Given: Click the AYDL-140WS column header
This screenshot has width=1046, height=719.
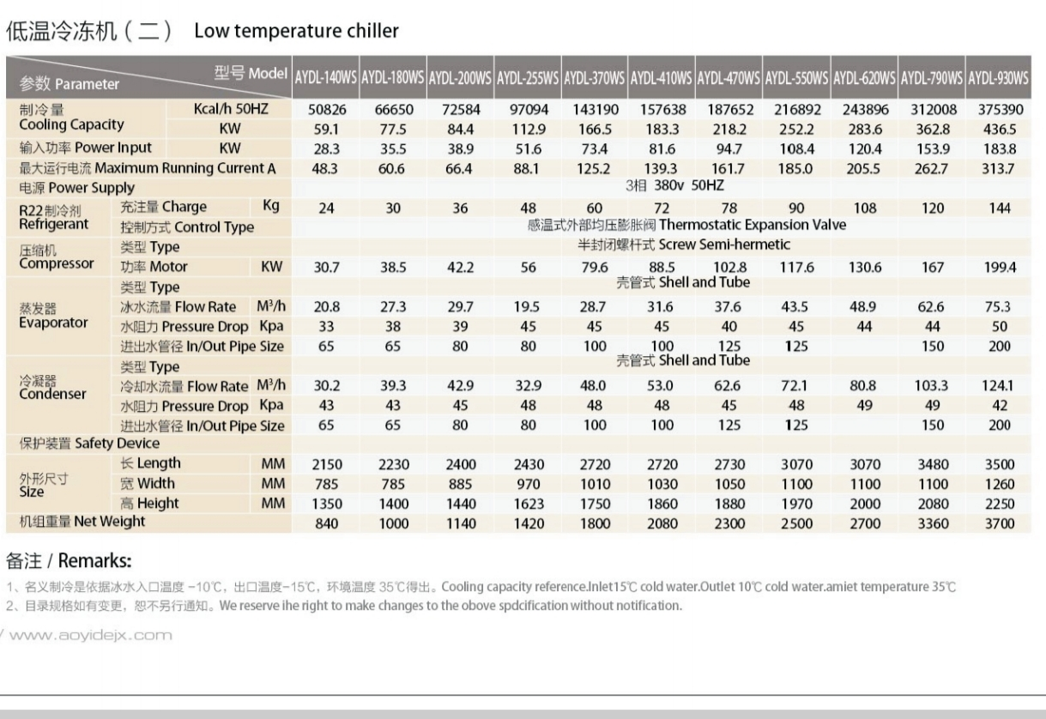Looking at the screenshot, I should (x=325, y=77).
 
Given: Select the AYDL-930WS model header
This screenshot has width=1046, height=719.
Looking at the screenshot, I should (x=997, y=77).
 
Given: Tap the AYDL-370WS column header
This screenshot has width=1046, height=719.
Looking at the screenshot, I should (x=594, y=77).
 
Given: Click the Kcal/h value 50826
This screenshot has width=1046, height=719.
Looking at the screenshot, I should (x=326, y=110).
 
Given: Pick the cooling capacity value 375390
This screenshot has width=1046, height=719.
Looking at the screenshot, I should (x=998, y=110).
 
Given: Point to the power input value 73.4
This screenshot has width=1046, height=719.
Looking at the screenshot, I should (x=594, y=148).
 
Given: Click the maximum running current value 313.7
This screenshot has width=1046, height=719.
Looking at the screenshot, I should (x=998, y=168).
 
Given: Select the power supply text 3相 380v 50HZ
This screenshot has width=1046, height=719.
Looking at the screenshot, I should (x=662, y=186).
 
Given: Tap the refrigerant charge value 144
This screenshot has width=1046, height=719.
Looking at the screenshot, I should (x=998, y=208).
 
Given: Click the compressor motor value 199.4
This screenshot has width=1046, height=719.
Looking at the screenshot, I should (x=998, y=267).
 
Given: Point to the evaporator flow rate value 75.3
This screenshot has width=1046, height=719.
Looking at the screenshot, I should (x=998, y=307).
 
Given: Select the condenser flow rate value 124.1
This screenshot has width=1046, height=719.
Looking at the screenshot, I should (x=998, y=386).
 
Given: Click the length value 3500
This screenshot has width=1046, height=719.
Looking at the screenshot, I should (x=998, y=465).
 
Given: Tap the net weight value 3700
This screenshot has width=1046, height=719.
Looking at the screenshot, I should (x=998, y=523).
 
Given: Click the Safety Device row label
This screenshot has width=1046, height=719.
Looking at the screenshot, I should (x=89, y=444).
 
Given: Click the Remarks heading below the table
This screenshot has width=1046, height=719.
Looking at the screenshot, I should (x=69, y=561).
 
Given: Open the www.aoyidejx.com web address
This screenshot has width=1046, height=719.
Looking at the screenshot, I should (x=90, y=636).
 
